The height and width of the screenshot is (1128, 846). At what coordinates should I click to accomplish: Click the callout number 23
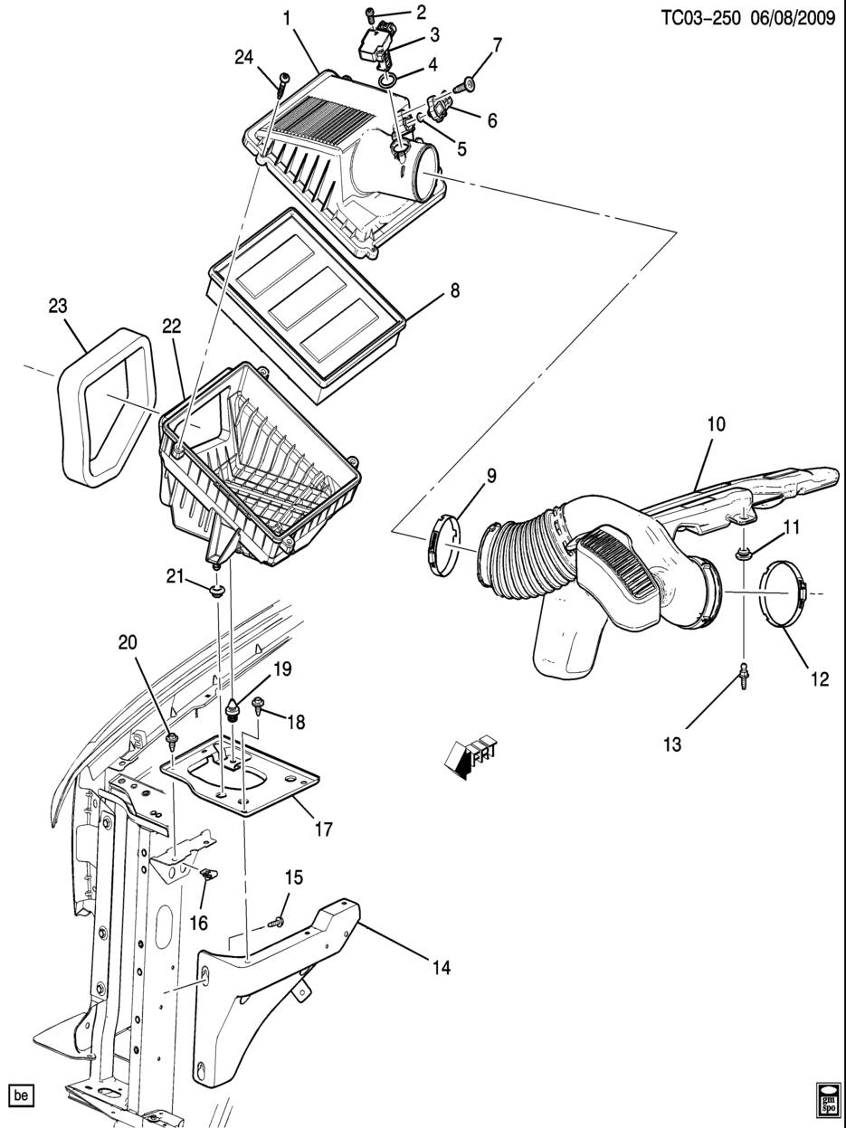[58, 307]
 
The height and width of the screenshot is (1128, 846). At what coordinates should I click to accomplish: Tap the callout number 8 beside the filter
[455, 291]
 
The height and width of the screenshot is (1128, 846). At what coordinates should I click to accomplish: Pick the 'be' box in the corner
[22, 1095]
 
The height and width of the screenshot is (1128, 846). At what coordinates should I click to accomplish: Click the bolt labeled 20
[172, 742]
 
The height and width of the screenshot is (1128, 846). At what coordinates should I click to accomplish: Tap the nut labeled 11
[742, 553]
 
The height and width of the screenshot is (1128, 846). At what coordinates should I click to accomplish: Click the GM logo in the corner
[827, 1097]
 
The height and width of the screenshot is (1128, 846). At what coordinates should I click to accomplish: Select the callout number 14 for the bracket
[440, 968]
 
